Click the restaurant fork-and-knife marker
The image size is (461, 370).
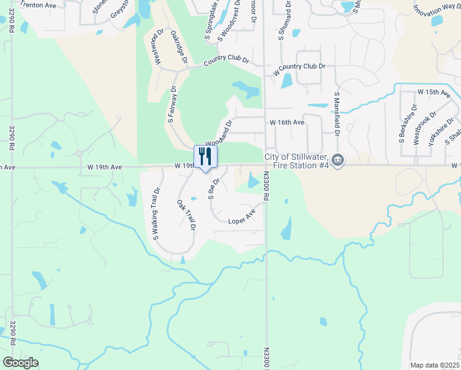(205, 157)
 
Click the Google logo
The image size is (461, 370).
(20, 362)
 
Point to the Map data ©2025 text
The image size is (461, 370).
(434, 365)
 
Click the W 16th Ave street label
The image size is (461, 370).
(287, 123)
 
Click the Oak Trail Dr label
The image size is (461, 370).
(186, 215)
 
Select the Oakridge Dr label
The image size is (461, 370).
(179, 47)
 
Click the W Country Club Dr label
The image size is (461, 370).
(298, 66)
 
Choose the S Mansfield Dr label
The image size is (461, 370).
(337, 114)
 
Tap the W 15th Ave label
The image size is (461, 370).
(434, 92)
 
